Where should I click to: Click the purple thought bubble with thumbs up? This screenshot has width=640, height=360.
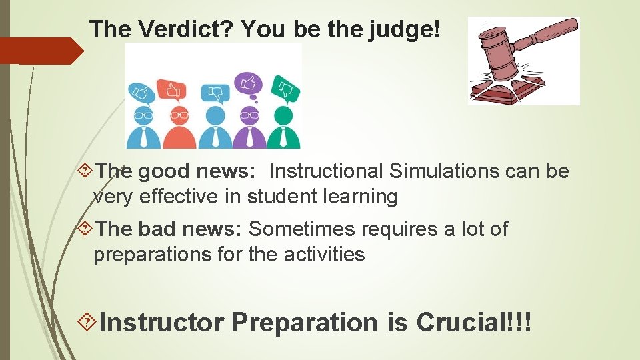pyautogui.click(x=248, y=83)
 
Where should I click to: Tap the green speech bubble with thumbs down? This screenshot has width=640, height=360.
pyautogui.click(x=285, y=90)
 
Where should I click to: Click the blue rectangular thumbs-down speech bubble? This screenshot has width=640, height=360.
pyautogui.click(x=215, y=92)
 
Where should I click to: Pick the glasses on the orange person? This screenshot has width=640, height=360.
pyautogui.click(x=179, y=115)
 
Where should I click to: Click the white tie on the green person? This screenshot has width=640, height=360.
pyautogui.click(x=284, y=137)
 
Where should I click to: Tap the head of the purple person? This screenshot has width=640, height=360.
pyautogui.click(x=249, y=115)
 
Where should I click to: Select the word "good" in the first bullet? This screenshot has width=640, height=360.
pyautogui.click(x=164, y=171)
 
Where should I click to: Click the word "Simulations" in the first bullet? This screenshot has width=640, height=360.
pyautogui.click(x=443, y=171)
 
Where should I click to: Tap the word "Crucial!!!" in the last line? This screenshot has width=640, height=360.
pyautogui.click(x=474, y=323)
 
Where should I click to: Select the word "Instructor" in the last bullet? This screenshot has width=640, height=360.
pyautogui.click(x=161, y=323)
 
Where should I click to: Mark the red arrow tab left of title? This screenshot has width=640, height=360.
pyautogui.click(x=40, y=51)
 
